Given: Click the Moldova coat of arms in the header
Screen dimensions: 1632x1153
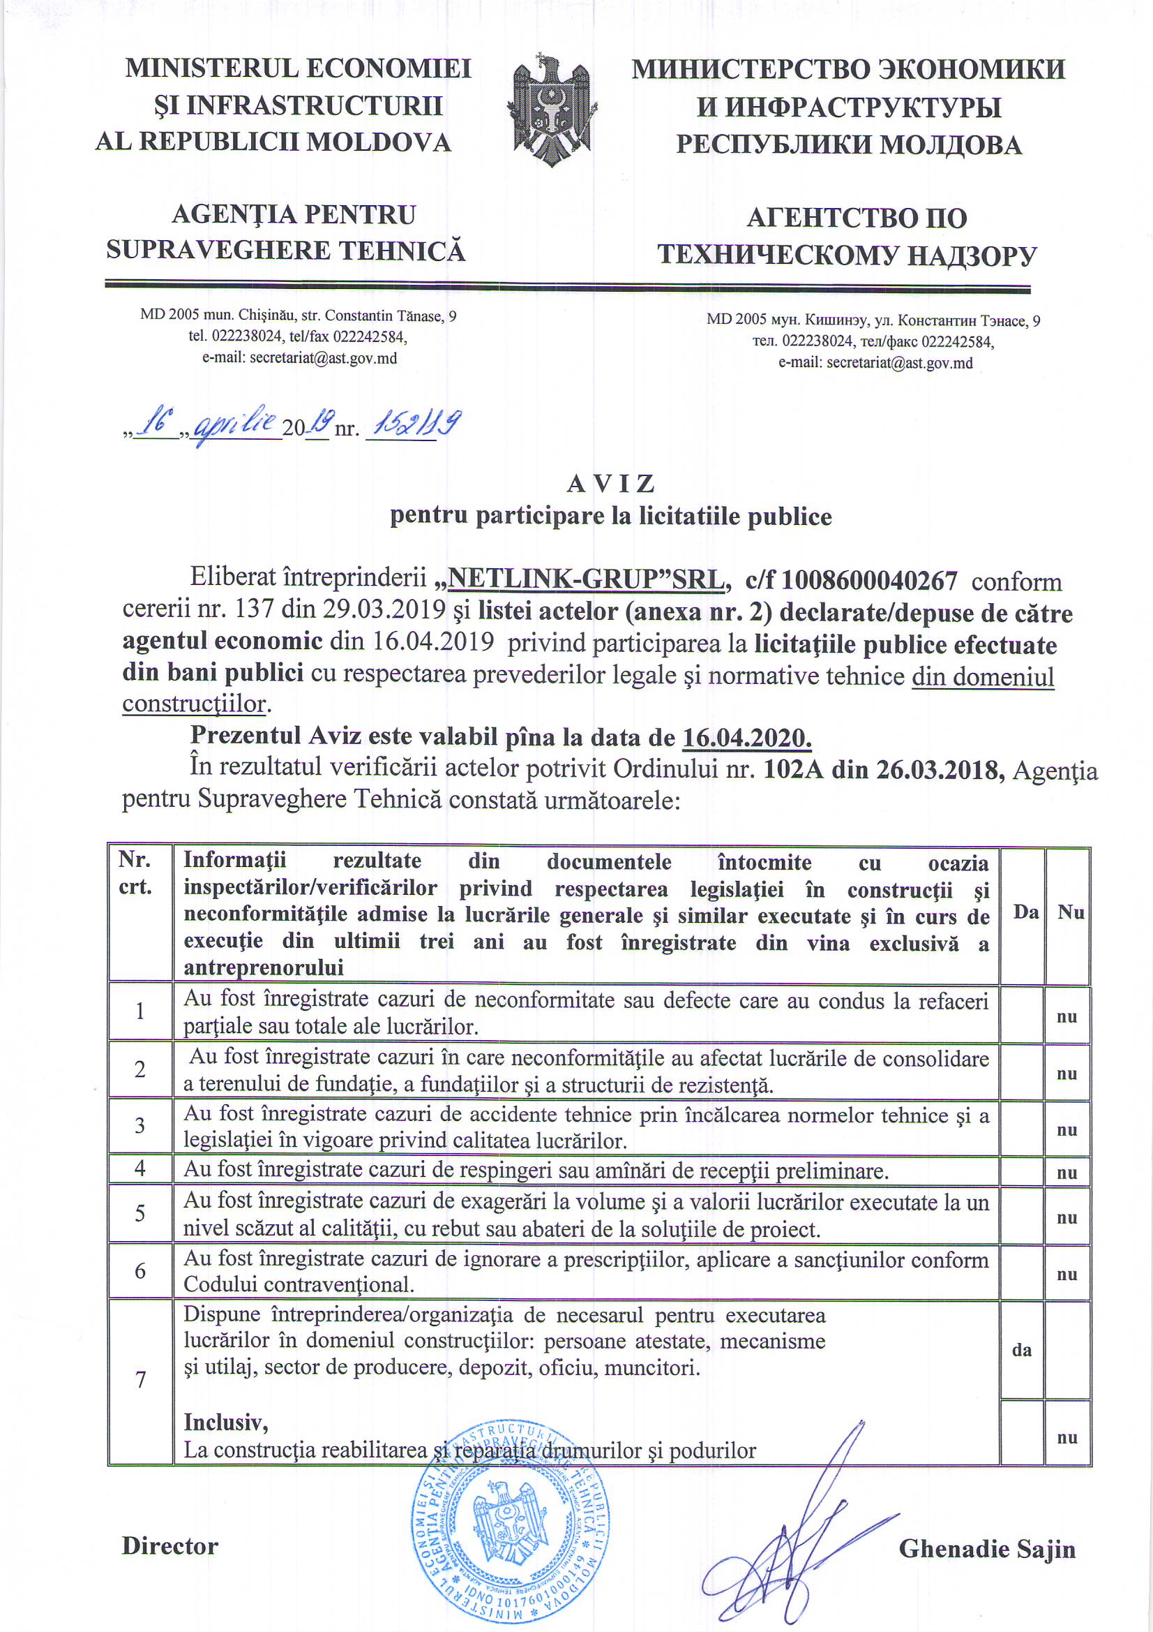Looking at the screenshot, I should (552, 110).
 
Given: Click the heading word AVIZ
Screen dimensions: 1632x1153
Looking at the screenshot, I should (611, 484).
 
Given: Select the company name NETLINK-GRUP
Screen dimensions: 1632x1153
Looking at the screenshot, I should (580, 580).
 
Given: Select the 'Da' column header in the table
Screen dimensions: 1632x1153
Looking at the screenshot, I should (1025, 912).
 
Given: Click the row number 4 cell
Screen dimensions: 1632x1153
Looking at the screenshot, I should (140, 1169).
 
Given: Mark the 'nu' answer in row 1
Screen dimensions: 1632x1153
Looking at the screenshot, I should (1067, 1016).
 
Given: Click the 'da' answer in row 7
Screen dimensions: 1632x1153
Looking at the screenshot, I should (1022, 1349).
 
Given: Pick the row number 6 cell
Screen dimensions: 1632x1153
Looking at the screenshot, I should (140, 1271).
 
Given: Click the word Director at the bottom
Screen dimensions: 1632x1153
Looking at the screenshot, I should (169, 1546).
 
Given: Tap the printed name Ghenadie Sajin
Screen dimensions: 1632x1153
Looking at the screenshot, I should (986, 1548).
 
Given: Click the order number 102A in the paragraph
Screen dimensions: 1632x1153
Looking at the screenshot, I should (793, 770).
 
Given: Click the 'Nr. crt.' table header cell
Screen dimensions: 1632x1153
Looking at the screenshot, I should (135, 873).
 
